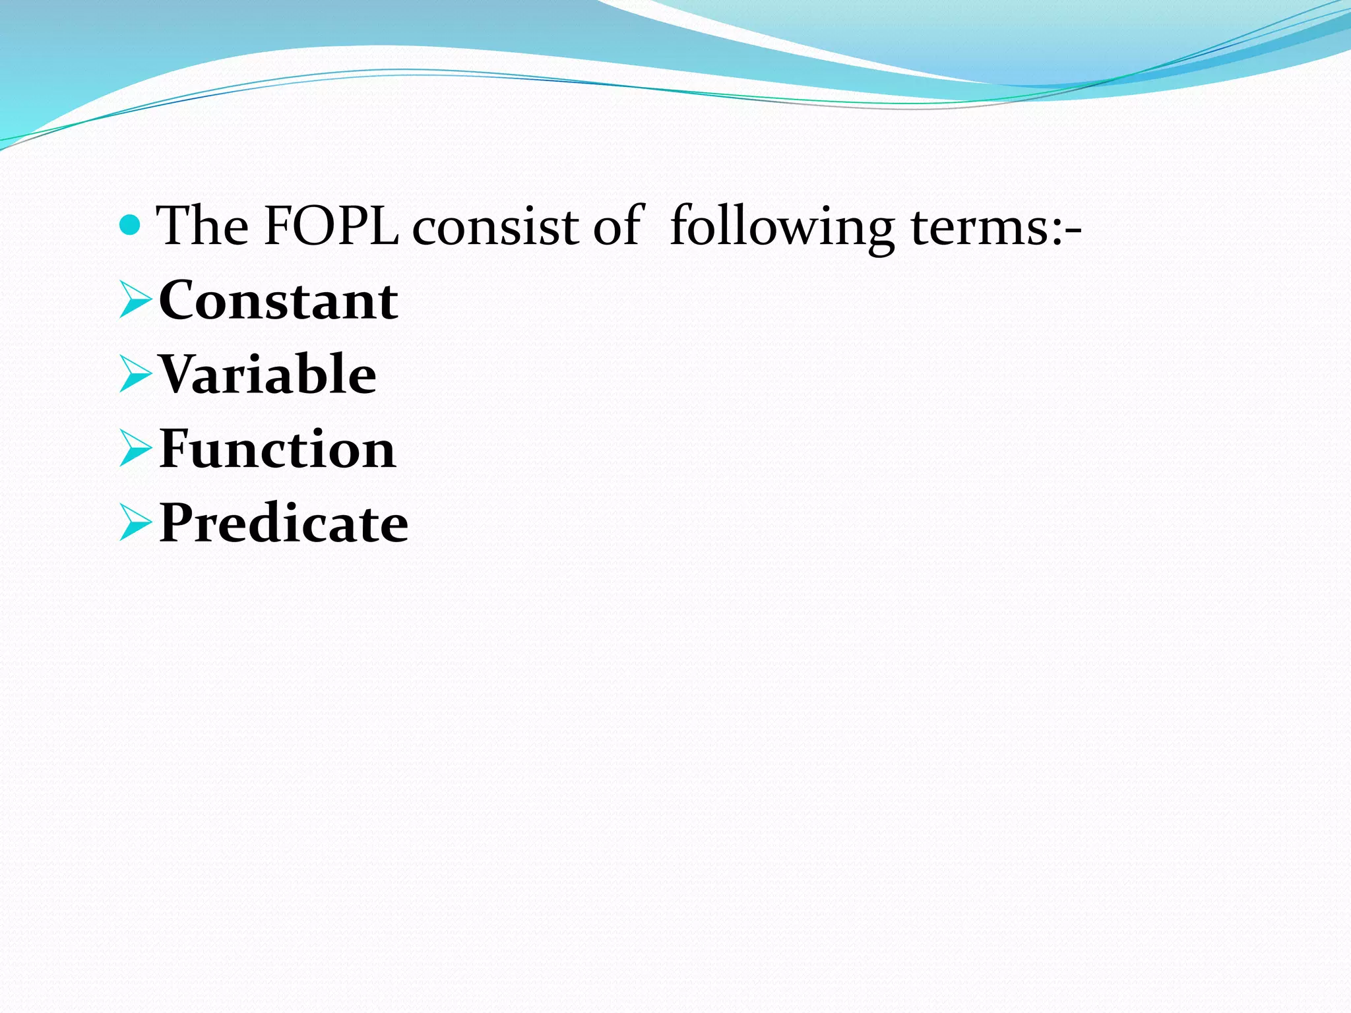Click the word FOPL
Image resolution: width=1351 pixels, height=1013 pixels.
(x=331, y=226)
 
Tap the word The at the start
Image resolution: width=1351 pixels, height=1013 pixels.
(x=202, y=226)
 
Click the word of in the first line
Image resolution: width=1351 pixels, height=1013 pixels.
(x=617, y=226)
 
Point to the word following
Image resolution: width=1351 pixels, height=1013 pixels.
(x=782, y=228)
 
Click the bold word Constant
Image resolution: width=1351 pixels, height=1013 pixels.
(x=278, y=301)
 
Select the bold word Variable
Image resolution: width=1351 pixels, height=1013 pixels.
(x=268, y=375)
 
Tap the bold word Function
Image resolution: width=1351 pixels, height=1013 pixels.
(x=278, y=449)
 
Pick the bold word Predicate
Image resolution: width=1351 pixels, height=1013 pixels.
(x=284, y=523)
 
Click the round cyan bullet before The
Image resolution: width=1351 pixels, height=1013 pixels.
(x=131, y=226)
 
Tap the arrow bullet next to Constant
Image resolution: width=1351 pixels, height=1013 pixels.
(x=136, y=300)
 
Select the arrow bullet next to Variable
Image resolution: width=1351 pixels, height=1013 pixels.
(x=136, y=375)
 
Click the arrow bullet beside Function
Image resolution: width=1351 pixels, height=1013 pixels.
(x=136, y=449)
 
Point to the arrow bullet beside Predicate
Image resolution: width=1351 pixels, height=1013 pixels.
(x=136, y=523)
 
